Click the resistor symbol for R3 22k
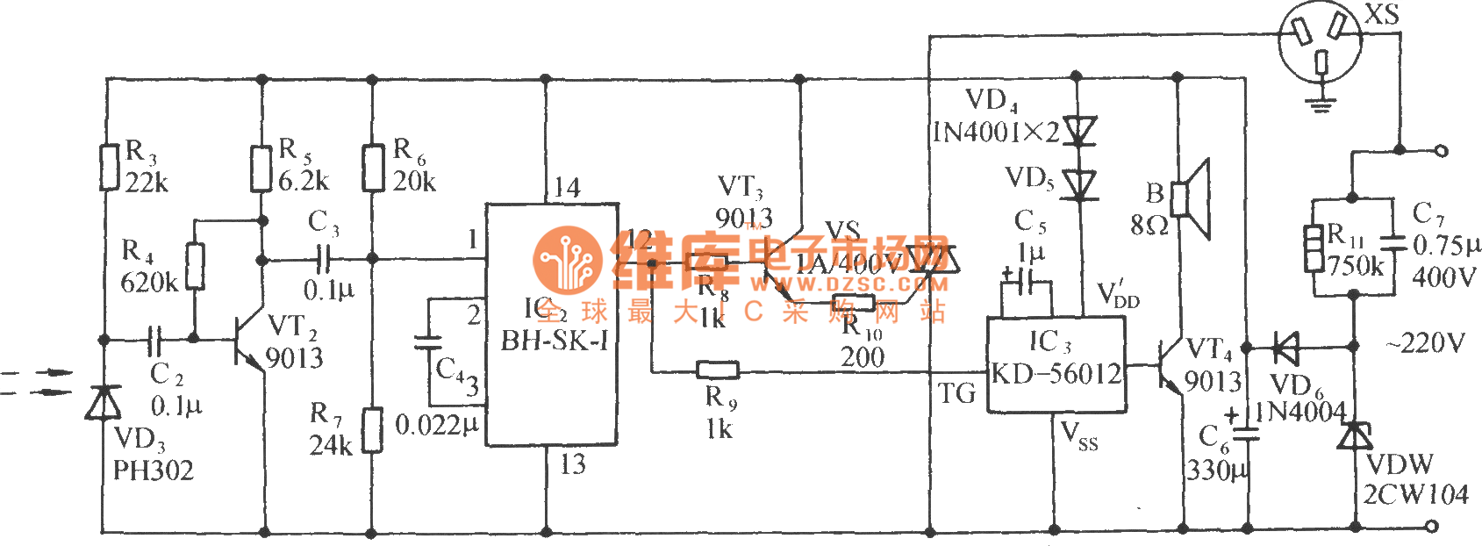(x=108, y=168)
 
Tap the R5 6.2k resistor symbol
(x=261, y=169)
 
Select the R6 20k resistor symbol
(x=373, y=168)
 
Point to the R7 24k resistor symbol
(x=373, y=429)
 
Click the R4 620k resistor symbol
(x=195, y=267)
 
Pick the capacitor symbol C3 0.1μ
(x=324, y=259)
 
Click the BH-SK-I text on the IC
(x=554, y=341)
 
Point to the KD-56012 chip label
(x=1056, y=374)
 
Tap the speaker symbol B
(x=1194, y=200)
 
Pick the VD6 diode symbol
(x=1285, y=348)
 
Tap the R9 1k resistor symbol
(x=717, y=370)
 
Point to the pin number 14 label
(x=567, y=187)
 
